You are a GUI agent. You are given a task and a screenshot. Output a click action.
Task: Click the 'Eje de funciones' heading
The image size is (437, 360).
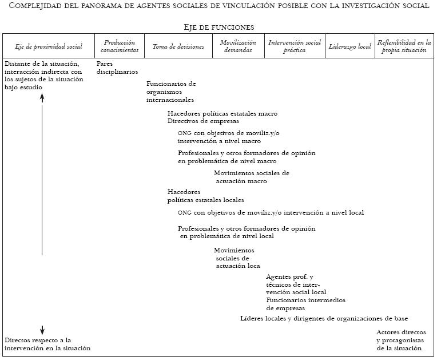[x=218, y=27]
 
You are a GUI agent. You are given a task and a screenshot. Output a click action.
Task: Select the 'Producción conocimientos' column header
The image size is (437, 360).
[x=120, y=46]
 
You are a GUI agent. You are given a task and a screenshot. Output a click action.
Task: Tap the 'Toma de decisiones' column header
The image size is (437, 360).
[x=178, y=46]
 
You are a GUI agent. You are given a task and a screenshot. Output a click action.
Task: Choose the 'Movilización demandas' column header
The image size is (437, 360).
[x=238, y=46]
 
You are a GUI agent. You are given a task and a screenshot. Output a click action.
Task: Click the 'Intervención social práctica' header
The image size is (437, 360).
[x=295, y=46]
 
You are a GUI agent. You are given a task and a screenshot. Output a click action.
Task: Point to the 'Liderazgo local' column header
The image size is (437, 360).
[x=349, y=46]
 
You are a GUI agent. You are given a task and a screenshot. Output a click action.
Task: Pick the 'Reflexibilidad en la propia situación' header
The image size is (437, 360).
[x=404, y=46]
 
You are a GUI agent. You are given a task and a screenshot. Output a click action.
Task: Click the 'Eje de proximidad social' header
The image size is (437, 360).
[x=49, y=46]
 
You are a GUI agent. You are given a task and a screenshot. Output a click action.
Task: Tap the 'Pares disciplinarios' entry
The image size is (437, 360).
[x=117, y=68]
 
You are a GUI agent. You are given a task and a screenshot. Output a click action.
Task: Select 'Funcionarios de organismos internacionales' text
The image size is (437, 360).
[x=171, y=92]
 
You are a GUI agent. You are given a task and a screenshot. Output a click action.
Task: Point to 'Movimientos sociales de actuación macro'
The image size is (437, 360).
[x=252, y=177]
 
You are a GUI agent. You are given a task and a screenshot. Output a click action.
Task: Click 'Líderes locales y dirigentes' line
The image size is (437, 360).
[x=324, y=318]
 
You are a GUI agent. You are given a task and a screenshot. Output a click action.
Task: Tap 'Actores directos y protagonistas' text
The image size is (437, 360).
[x=401, y=340]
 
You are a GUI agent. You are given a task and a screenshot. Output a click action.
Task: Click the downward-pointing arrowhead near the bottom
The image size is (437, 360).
[x=42, y=331]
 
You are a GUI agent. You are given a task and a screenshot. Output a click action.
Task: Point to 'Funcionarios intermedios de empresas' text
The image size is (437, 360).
[x=305, y=304]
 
